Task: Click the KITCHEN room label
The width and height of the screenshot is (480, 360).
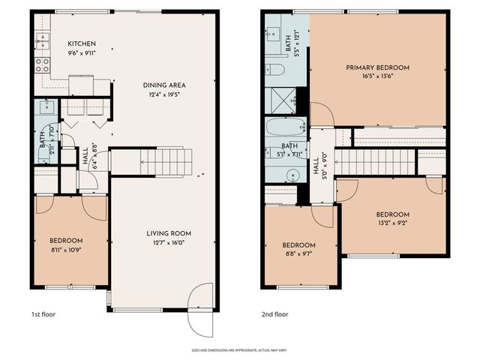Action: (x=79, y=43)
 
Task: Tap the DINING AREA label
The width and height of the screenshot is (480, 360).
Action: (x=164, y=85)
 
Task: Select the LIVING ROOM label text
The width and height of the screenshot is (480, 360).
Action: (x=164, y=233)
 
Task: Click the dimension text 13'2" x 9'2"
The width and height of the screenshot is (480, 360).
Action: (x=392, y=223)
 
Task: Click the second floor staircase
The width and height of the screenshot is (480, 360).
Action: (x=375, y=161)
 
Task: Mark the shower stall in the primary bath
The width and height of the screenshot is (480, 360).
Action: (x=283, y=99)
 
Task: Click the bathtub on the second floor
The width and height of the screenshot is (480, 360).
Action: (x=286, y=127)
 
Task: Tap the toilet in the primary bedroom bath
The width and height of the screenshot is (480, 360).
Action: (x=275, y=70)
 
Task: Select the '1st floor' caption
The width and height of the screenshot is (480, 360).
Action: (x=44, y=315)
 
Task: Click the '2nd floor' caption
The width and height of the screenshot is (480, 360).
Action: (x=274, y=315)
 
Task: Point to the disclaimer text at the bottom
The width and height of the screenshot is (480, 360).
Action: (x=239, y=350)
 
